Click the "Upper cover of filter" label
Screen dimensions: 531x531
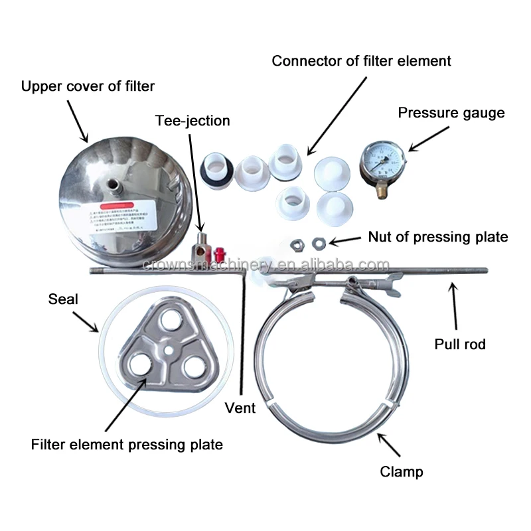pyautogui.click(x=88, y=86)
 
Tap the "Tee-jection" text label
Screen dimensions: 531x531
pyautogui.click(x=192, y=121)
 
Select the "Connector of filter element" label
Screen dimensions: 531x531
pyautogui.click(x=362, y=61)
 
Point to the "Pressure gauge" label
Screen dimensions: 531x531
pyautogui.click(x=451, y=113)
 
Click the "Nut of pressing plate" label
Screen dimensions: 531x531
pyautogui.click(x=438, y=237)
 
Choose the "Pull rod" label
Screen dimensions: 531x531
pyautogui.click(x=460, y=344)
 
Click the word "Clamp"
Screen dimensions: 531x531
pyautogui.click(x=402, y=472)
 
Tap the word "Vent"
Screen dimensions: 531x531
pyautogui.click(x=240, y=408)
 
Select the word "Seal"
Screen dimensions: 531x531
pyautogui.click(x=63, y=299)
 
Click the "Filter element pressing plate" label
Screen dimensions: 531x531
pyautogui.click(x=127, y=445)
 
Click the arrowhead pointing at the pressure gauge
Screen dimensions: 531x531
pyautogui.click(x=410, y=148)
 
